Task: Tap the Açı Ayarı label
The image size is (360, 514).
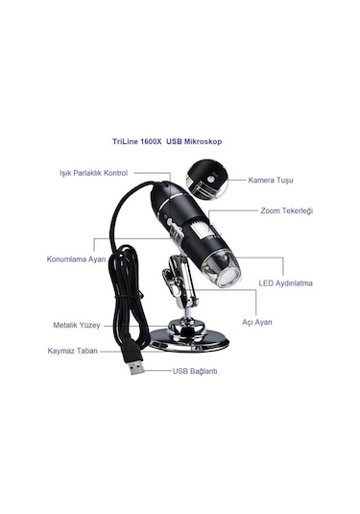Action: click(257, 322)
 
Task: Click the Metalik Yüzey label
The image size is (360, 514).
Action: click(75, 325)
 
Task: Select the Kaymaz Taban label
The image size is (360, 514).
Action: click(73, 351)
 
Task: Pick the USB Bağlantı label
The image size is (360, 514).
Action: click(196, 370)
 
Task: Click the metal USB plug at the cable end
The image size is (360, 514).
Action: click(135, 366)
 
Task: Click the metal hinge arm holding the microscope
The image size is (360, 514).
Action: click(177, 288)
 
